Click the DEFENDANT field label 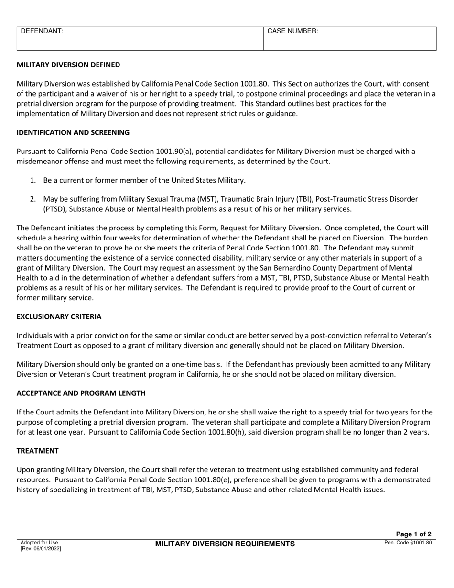coord(42,31)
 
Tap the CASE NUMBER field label coord(292,31)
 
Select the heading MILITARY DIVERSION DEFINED coord(68,65)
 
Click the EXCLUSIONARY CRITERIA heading coord(59,316)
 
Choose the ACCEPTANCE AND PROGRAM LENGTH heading coord(81,393)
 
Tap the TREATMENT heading coord(37,451)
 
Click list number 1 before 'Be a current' coord(33,180)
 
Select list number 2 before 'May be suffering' coord(33,199)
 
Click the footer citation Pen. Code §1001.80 coord(408,543)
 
